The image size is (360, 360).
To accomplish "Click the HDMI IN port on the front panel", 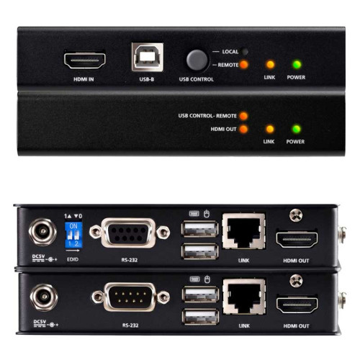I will tap(86, 58).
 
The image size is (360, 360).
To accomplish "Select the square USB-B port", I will tap(147, 56).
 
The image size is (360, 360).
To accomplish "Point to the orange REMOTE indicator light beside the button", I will tap(245, 64).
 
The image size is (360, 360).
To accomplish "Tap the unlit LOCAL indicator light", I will tap(245, 52).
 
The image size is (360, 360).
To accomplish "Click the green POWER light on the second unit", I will tap(296, 129).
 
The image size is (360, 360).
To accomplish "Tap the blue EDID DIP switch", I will tap(73, 233).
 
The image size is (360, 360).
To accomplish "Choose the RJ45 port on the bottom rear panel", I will tap(242, 294).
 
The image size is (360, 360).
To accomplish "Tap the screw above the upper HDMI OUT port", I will tap(293, 215).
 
